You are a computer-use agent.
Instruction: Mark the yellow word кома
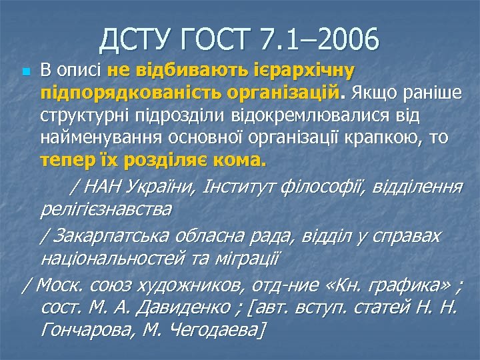click(243, 161)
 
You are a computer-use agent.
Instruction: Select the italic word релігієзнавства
click(105, 210)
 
